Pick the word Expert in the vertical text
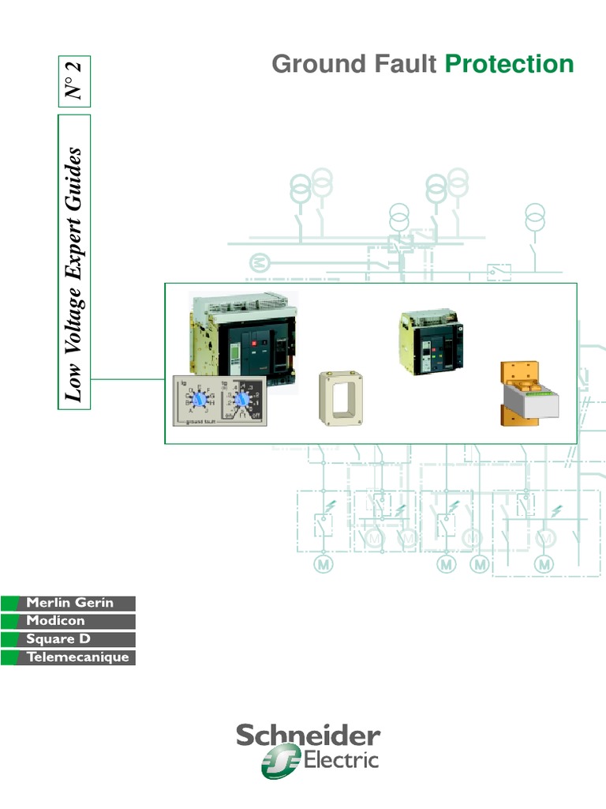click(x=75, y=238)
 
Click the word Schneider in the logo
click(x=308, y=737)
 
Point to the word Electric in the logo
click(x=342, y=762)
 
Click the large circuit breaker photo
click(x=243, y=336)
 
